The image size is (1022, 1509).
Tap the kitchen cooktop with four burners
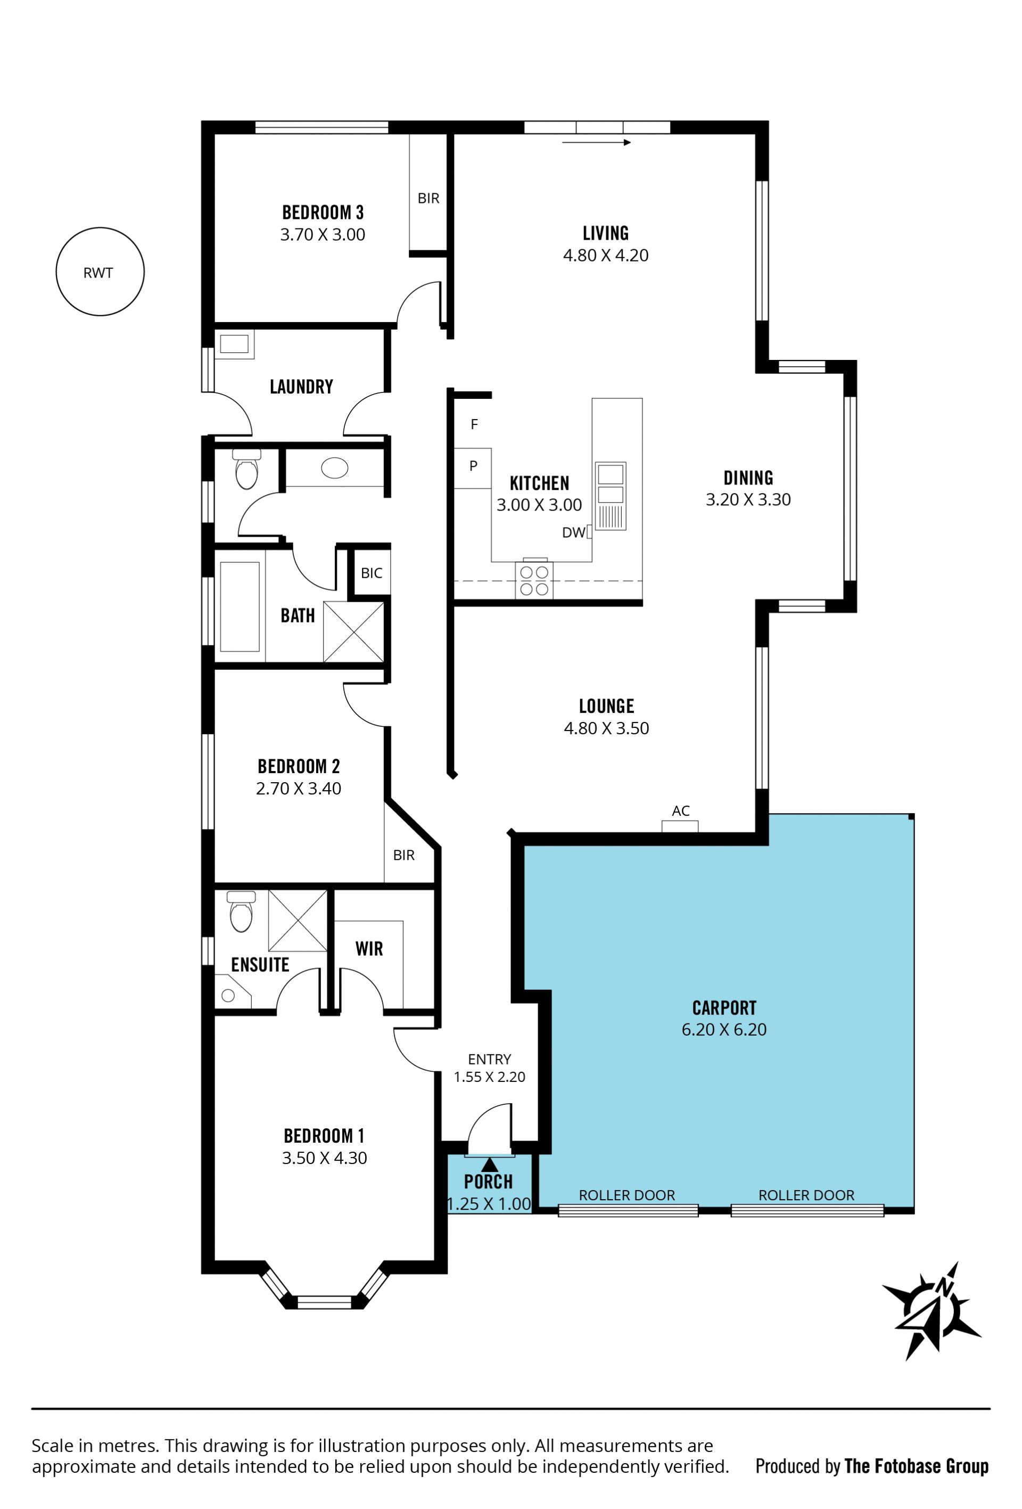(534, 580)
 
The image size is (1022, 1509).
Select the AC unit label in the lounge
(680, 810)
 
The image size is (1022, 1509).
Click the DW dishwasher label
(573, 532)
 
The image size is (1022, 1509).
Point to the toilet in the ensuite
(241, 911)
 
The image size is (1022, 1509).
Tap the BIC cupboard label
(372, 573)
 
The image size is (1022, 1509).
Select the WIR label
(369, 949)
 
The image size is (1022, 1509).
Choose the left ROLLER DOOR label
(627, 1195)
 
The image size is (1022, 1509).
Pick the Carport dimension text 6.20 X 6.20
(724, 1029)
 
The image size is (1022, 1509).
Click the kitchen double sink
(611, 495)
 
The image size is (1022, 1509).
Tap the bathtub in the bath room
(240, 606)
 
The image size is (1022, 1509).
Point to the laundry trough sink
(234, 344)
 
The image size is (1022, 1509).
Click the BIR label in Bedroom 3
(428, 198)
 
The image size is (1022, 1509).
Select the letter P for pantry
(473, 465)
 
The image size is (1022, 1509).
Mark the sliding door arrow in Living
(596, 142)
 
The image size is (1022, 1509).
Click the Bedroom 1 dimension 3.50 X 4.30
(324, 1158)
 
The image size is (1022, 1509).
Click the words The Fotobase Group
(916, 1466)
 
